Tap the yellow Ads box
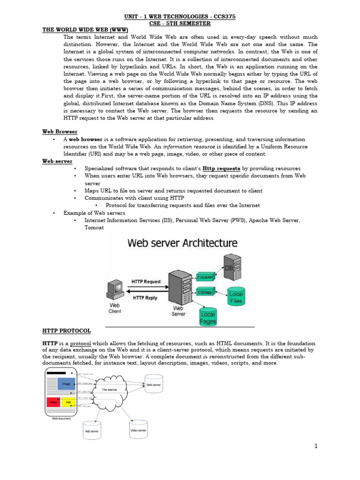[68, 402]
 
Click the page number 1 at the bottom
[316, 446]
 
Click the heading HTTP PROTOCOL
[67, 331]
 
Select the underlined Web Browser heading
[60, 132]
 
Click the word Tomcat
[94, 227]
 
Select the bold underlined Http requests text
[222, 168]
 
